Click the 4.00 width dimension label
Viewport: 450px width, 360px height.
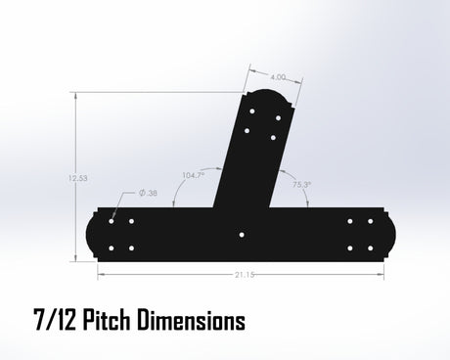click(278, 77)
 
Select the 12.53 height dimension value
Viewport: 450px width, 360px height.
click(78, 178)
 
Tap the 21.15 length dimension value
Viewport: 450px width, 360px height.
click(245, 275)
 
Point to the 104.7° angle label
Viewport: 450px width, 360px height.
click(193, 175)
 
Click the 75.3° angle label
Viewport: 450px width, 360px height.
click(301, 185)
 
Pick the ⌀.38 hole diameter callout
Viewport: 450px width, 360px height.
click(148, 193)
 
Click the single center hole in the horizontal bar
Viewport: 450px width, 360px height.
click(242, 235)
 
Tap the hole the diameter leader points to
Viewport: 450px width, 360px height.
click(112, 221)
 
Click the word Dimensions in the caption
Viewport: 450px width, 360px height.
click(191, 320)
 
